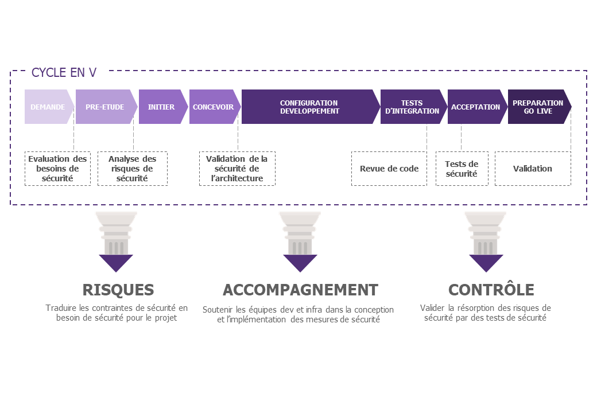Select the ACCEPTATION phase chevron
(477, 107)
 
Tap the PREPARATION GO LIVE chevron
(539, 107)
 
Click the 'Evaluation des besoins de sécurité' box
(57, 169)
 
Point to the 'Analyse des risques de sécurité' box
(133, 169)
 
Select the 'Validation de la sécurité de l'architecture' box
(237, 169)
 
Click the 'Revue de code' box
(389, 169)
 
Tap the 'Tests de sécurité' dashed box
(462, 169)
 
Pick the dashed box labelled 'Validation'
(533, 169)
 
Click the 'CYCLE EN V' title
(64, 72)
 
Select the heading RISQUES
(118, 290)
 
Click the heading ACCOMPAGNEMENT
(300, 290)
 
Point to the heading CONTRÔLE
(491, 290)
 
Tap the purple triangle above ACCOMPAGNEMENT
(300, 262)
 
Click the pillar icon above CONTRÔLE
(486, 233)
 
